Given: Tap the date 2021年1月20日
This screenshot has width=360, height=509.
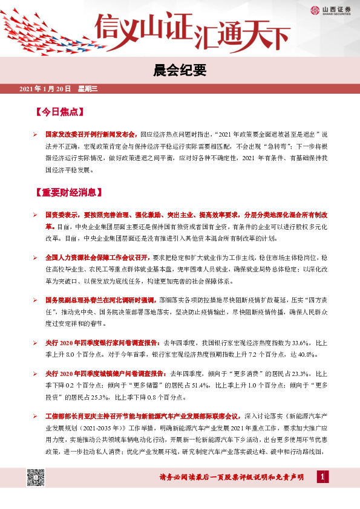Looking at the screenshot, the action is pos(46,89).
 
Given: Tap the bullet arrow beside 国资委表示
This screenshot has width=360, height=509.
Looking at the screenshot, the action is pos(36,215).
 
